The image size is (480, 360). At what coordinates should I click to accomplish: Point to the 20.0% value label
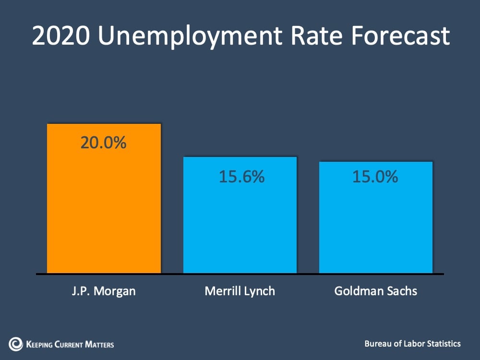pyautogui.click(x=103, y=143)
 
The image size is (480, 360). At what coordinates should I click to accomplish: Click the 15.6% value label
pyautogui.click(x=241, y=177)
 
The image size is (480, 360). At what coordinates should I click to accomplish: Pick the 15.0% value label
pyautogui.click(x=375, y=177)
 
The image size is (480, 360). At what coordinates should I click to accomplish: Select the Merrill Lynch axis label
pyautogui.click(x=240, y=291)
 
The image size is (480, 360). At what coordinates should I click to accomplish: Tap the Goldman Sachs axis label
pyautogui.click(x=376, y=291)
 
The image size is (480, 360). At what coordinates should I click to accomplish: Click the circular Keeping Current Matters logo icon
pyautogui.click(x=15, y=344)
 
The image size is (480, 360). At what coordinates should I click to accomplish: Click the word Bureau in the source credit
pyautogui.click(x=378, y=344)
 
